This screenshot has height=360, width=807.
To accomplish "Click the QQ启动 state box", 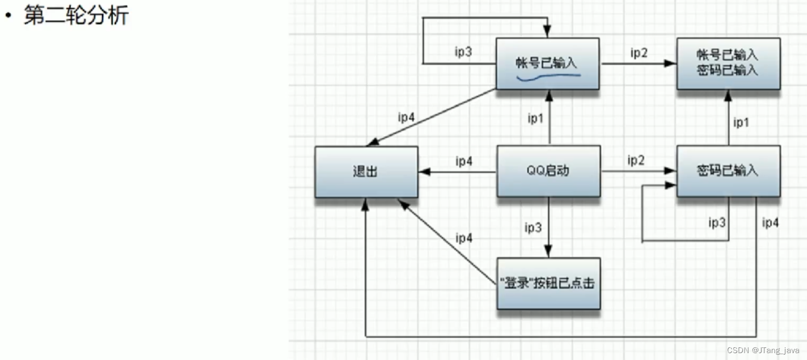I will pos(548,171).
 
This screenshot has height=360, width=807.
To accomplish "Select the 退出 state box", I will pos(366,172).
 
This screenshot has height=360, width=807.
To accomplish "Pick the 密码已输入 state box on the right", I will pos(728,171).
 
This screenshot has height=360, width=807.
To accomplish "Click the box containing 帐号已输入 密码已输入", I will pos(728,63).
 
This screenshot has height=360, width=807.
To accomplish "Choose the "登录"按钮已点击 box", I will pos(548,283).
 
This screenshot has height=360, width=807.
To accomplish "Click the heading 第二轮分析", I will pos(76,16).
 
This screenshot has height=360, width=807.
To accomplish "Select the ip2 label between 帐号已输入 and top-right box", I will pos(639,52).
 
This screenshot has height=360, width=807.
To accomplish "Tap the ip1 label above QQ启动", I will pos(536,119).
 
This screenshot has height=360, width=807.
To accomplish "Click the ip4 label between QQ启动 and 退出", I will pos(464,161).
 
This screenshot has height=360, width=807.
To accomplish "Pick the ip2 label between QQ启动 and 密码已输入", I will pos(636,160).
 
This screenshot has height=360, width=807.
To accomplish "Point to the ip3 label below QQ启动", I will pos(533,228).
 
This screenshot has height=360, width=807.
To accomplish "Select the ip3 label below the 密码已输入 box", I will pos(717,223).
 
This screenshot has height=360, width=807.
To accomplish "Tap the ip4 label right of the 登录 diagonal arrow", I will pos(464,238).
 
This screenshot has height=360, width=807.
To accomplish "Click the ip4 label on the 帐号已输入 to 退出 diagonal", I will pos(406,117).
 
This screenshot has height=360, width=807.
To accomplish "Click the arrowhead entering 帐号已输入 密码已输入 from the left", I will pos(671,64).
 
